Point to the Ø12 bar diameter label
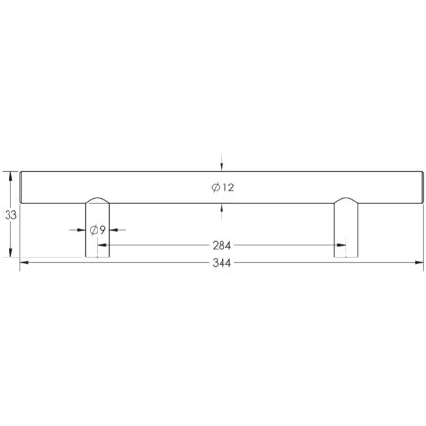pos(222,187)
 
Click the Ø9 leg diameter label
pos(97,230)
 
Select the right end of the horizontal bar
pos(420,186)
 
